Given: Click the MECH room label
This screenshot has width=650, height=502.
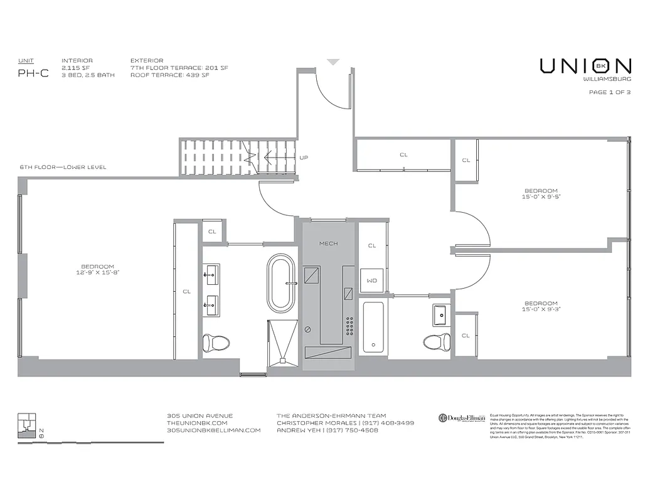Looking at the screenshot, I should point(328,243).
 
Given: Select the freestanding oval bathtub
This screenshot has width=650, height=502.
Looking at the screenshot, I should point(280,283).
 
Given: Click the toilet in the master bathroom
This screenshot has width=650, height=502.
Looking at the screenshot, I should point(215,342).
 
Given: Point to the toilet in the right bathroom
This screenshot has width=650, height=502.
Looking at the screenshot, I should point(437,341).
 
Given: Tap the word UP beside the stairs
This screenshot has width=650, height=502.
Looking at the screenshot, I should point(304,158).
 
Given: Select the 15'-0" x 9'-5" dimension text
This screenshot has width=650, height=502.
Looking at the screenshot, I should point(540,196).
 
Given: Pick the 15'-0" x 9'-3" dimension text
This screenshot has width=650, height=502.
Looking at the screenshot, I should point(540,309).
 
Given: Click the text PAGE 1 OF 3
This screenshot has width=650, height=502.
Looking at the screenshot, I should point(609,92).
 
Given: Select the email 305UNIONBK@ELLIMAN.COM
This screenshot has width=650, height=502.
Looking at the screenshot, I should point(213,430).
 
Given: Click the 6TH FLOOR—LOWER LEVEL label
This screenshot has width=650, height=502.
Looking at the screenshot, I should point(63,167).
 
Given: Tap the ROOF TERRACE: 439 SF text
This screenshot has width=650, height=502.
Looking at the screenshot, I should point(169,75).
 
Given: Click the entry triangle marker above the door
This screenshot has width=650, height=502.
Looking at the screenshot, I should point(333,62).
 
